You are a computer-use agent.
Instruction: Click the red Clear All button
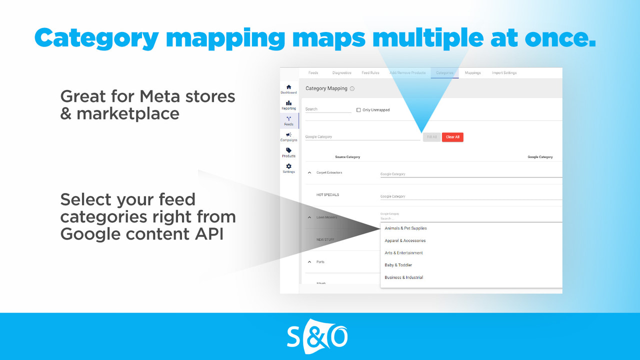tap(452, 137)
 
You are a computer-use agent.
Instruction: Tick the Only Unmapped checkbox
tap(358, 110)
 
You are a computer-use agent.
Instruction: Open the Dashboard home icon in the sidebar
tap(288, 87)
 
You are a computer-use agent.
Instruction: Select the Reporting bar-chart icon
tap(288, 103)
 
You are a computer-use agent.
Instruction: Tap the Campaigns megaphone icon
tap(288, 135)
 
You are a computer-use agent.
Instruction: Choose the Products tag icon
tap(288, 150)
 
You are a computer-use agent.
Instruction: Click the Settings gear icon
tap(288, 166)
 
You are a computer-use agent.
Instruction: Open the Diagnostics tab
tap(342, 73)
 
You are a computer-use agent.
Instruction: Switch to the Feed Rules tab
tap(370, 73)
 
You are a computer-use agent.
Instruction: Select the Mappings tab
tap(472, 73)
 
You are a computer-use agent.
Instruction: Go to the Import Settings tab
tap(504, 73)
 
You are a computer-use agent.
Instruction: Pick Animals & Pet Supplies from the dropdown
tap(405, 228)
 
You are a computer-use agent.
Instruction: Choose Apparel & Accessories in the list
tap(405, 240)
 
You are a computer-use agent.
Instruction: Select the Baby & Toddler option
tap(398, 265)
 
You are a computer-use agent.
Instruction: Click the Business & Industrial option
tap(403, 277)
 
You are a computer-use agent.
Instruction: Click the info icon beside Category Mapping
tap(352, 89)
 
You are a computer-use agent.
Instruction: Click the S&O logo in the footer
tap(317, 336)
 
